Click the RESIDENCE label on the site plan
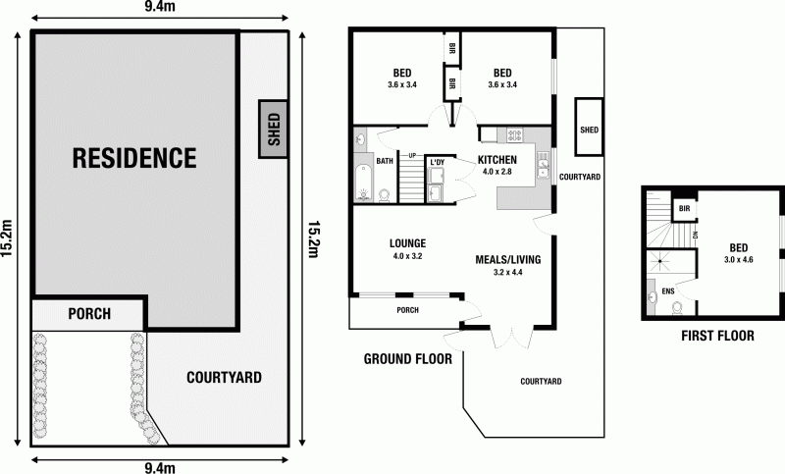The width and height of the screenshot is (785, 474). click(x=133, y=157)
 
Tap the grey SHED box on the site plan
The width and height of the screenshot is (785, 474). click(x=274, y=129)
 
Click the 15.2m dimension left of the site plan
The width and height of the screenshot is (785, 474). click(x=8, y=236)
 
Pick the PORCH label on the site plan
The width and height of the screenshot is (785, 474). click(x=88, y=314)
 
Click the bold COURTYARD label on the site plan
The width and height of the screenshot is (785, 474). click(x=225, y=377)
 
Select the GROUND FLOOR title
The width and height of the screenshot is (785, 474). click(x=407, y=359)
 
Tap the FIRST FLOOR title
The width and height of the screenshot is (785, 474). click(x=717, y=336)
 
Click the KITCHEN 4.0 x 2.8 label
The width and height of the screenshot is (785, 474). click(x=497, y=165)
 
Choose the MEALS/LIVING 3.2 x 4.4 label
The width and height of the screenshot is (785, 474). click(x=507, y=265)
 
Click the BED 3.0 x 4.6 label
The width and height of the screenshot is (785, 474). click(x=740, y=253)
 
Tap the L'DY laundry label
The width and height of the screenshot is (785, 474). click(x=437, y=162)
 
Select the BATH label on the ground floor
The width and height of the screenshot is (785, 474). click(x=384, y=160)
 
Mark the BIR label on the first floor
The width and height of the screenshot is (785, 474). click(x=684, y=209)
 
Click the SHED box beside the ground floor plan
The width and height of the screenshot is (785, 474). click(x=589, y=129)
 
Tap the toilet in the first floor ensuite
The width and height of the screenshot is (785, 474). click(x=677, y=307)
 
